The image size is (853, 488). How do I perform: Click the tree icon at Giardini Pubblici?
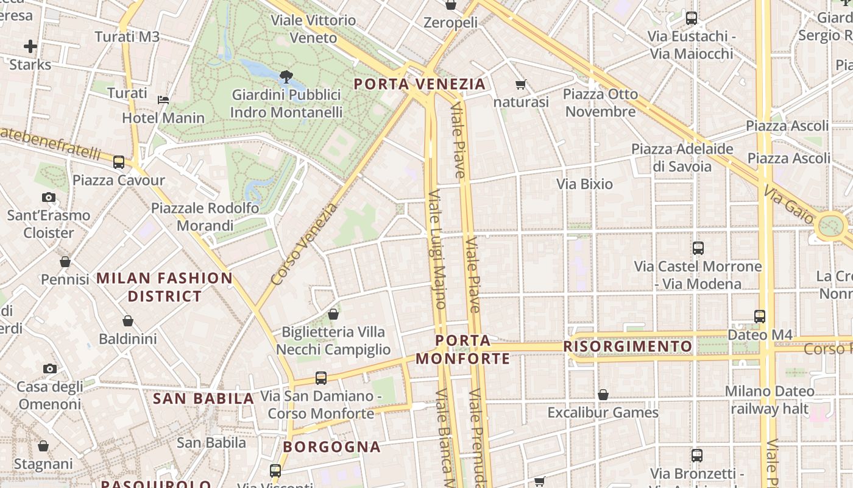click(285, 76)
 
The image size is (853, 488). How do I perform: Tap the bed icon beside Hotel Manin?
click(163, 99)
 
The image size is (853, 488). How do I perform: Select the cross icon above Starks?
click(30, 46)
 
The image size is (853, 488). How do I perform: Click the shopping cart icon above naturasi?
click(520, 85)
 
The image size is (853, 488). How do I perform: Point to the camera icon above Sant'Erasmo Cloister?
click(49, 197)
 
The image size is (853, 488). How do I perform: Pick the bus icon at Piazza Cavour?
click(119, 162)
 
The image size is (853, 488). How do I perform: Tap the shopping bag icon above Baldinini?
click(128, 321)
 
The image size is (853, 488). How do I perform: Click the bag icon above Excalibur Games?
click(603, 395)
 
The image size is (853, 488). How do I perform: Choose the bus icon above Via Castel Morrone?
click(698, 248)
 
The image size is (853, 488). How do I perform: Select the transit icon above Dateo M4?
click(760, 317)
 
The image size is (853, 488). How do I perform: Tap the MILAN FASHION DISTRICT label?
click(165, 287)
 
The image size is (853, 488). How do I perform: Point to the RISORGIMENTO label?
click(628, 346)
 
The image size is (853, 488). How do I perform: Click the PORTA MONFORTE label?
click(463, 349)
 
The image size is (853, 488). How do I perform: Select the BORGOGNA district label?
click(332, 447)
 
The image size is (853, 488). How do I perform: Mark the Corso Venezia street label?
click(304, 245)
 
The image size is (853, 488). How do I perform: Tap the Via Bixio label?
click(584, 184)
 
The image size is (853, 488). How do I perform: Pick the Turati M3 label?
click(127, 37)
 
